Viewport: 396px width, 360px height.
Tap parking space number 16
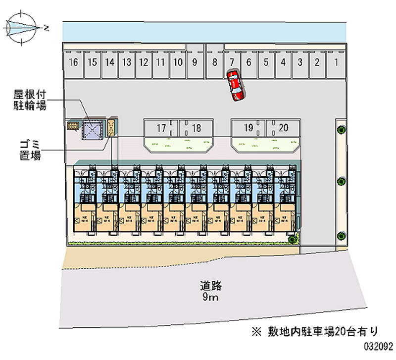click(74, 62)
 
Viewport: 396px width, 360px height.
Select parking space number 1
click(336, 62)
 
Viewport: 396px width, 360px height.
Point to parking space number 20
click(283, 128)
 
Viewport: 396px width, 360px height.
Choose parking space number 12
click(144, 62)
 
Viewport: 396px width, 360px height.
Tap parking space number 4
click(283, 62)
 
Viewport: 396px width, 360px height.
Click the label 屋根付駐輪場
click(31, 100)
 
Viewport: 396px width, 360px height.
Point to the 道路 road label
click(210, 286)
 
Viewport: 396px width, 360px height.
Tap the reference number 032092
click(377, 345)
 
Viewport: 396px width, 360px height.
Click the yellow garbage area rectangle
click(112, 128)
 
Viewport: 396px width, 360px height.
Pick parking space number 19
click(249, 128)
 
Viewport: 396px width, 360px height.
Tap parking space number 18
click(197, 128)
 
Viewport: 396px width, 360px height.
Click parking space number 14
click(110, 62)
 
